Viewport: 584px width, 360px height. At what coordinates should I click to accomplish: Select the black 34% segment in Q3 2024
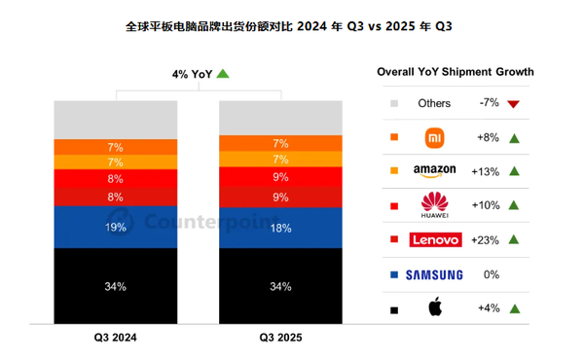click(x=115, y=287)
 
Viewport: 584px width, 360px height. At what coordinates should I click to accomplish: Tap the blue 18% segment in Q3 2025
click(x=280, y=228)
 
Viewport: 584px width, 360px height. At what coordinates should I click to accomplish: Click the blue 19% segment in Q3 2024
click(x=115, y=227)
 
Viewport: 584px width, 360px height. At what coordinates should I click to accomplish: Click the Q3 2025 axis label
click(x=281, y=338)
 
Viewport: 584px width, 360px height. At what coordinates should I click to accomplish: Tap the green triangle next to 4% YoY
click(x=223, y=73)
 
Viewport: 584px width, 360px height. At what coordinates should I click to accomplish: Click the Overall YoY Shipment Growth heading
click(x=455, y=72)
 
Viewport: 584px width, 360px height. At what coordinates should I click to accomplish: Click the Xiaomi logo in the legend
click(x=434, y=137)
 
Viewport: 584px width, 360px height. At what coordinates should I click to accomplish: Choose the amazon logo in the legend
click(x=434, y=171)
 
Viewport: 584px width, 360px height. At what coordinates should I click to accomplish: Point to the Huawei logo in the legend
click(x=434, y=206)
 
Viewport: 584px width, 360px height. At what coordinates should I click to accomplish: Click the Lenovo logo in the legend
click(x=434, y=240)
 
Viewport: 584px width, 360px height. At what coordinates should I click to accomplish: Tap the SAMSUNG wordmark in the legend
click(x=434, y=275)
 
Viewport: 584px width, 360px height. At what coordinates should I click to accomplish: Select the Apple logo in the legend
click(x=434, y=308)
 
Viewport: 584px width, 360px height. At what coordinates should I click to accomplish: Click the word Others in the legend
click(x=434, y=103)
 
